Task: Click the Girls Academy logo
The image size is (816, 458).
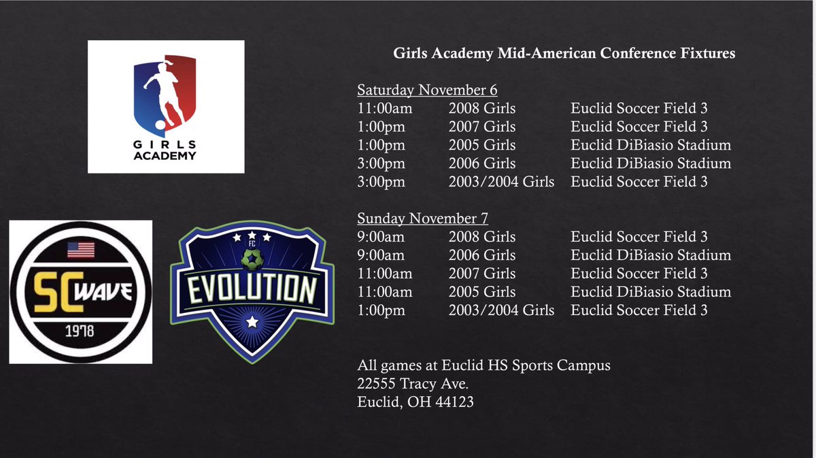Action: pyautogui.click(x=165, y=106)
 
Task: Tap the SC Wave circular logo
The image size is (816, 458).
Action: pyautogui.click(x=80, y=291)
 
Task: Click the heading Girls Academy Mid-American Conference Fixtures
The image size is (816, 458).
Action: pyautogui.click(x=564, y=53)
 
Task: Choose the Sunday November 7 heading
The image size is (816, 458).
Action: pyautogui.click(x=423, y=219)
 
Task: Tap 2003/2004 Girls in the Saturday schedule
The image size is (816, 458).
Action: pyautogui.click(x=501, y=182)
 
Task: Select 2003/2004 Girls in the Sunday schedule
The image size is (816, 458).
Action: pyautogui.click(x=501, y=310)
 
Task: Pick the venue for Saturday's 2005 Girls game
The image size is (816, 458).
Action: pyautogui.click(x=651, y=145)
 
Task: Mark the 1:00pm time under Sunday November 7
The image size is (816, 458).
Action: pyautogui.click(x=381, y=310)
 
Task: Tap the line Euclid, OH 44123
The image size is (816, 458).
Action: pyautogui.click(x=415, y=402)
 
